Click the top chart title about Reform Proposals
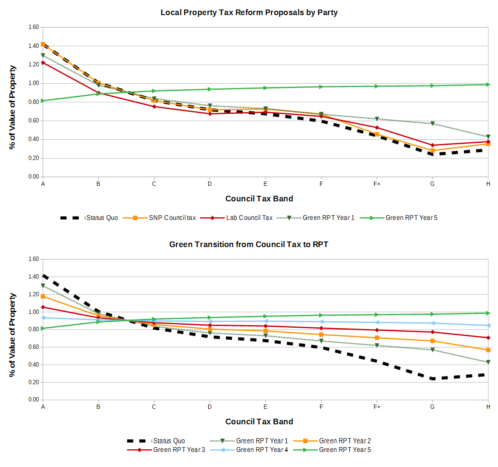tap(249, 13)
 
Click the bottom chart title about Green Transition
tap(248, 244)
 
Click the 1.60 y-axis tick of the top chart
tap(34, 27)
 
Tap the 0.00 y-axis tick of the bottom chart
tap(34, 400)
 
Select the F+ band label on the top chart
tap(377, 184)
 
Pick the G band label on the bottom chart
tap(432, 407)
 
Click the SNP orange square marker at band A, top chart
tap(43, 44)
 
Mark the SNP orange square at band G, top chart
tap(432, 151)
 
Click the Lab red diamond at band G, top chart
tap(432, 145)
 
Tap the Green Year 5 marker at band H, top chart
tap(488, 85)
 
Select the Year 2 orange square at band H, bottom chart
tap(488, 350)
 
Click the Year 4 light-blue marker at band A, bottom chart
tap(43, 318)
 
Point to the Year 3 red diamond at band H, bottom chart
tap(488, 338)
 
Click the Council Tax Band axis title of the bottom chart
tap(259, 422)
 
